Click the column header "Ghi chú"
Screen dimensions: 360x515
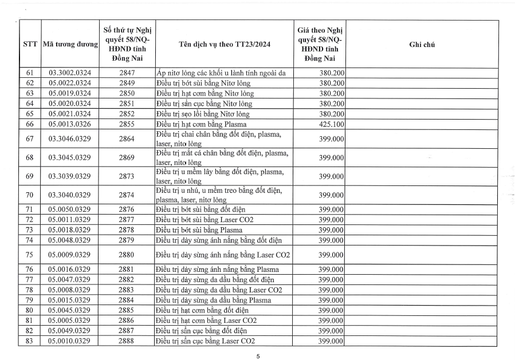coord(422,45)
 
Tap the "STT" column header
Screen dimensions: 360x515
coord(30,45)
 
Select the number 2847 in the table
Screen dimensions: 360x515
coord(127,73)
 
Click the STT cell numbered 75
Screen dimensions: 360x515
coord(30,255)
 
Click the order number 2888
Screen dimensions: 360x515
coord(127,342)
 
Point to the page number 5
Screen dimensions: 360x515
coord(258,356)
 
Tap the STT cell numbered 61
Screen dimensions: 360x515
coord(30,73)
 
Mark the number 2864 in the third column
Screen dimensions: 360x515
coord(127,139)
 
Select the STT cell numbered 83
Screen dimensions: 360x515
coord(30,342)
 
